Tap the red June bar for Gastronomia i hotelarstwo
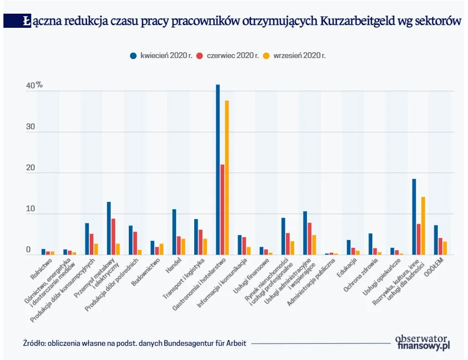pyautogui.click(x=222, y=209)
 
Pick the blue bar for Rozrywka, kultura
pyautogui.click(x=414, y=217)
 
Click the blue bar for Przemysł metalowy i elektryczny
pyautogui.click(x=109, y=228)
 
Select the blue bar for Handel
pyautogui.click(x=174, y=232)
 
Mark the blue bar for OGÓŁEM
pyautogui.click(x=436, y=240)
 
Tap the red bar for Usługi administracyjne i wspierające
pyautogui.click(x=309, y=239)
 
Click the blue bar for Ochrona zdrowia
pyautogui.click(x=370, y=244)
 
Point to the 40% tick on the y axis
pyautogui.click(x=34, y=85)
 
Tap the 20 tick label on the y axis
pyautogui.click(x=31, y=168)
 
